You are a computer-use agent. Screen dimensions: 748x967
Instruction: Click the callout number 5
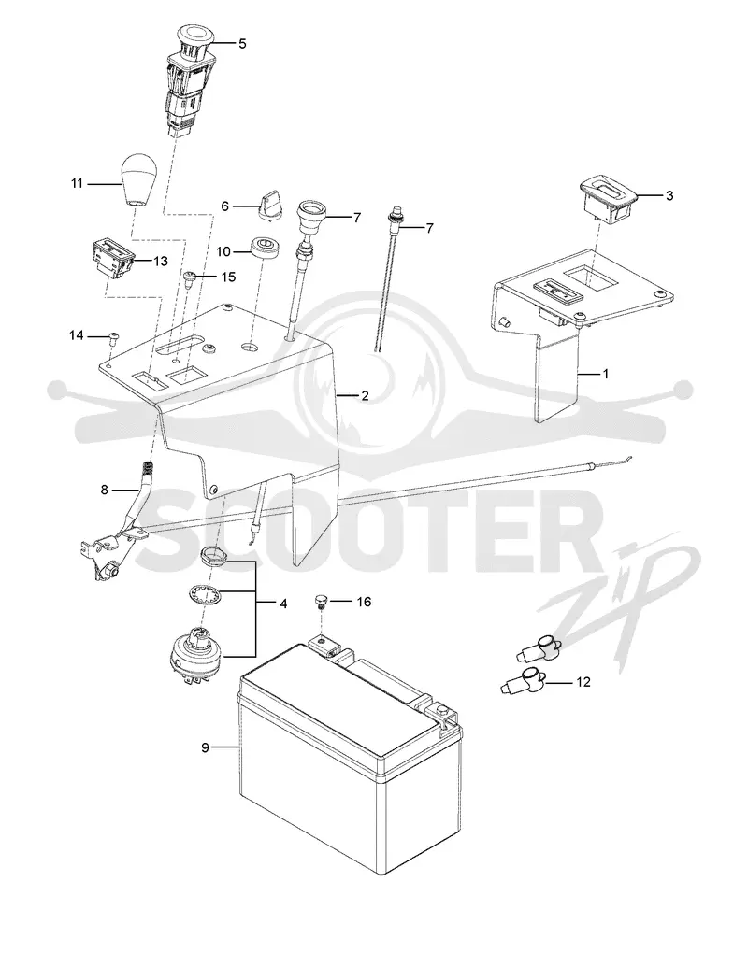click(242, 44)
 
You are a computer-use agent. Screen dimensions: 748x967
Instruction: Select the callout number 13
click(160, 262)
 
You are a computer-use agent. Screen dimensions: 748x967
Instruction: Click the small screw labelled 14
click(114, 336)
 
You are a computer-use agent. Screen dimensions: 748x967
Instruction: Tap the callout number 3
click(669, 195)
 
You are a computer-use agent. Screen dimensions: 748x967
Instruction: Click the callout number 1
click(606, 374)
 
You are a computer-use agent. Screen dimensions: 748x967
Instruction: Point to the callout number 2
click(365, 395)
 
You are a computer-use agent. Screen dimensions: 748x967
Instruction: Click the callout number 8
click(105, 490)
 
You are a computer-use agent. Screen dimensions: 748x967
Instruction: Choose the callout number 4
click(283, 604)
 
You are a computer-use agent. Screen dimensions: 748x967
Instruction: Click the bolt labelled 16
click(320, 601)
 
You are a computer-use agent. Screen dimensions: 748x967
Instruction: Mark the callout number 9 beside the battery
click(205, 748)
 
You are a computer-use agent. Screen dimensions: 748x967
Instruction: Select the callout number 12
click(583, 681)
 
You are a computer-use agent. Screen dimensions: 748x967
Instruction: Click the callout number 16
click(364, 602)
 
